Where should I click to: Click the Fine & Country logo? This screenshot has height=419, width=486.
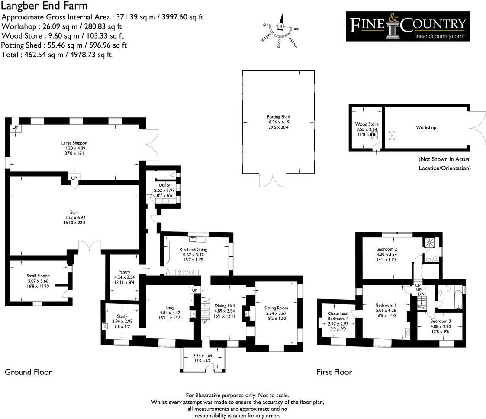click(407, 26)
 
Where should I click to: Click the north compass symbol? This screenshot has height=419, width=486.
click(281, 26)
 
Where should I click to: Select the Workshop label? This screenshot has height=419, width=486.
click(426, 128)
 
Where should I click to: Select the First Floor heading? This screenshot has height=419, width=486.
click(334, 372)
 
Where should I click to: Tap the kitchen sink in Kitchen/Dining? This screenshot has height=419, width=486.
click(193, 239)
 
